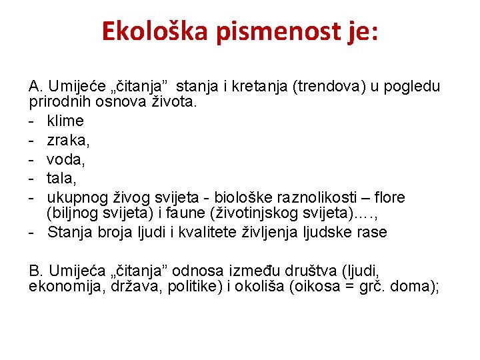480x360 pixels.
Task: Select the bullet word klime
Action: [65, 121]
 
